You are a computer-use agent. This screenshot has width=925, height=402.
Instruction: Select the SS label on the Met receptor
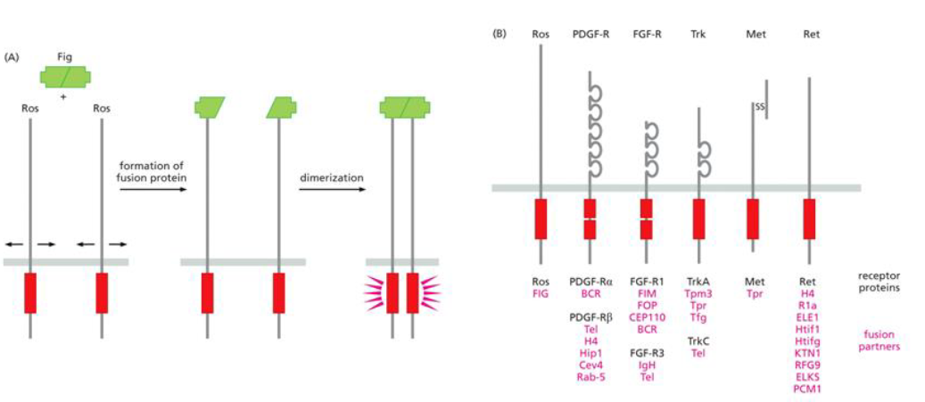pyautogui.click(x=759, y=107)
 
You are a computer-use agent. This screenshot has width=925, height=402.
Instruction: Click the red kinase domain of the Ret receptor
pyautogui.click(x=809, y=219)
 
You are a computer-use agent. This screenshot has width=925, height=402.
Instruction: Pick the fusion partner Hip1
pyautogui.click(x=591, y=352)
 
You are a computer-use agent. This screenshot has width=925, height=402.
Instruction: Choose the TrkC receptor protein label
pyautogui.click(x=698, y=340)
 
